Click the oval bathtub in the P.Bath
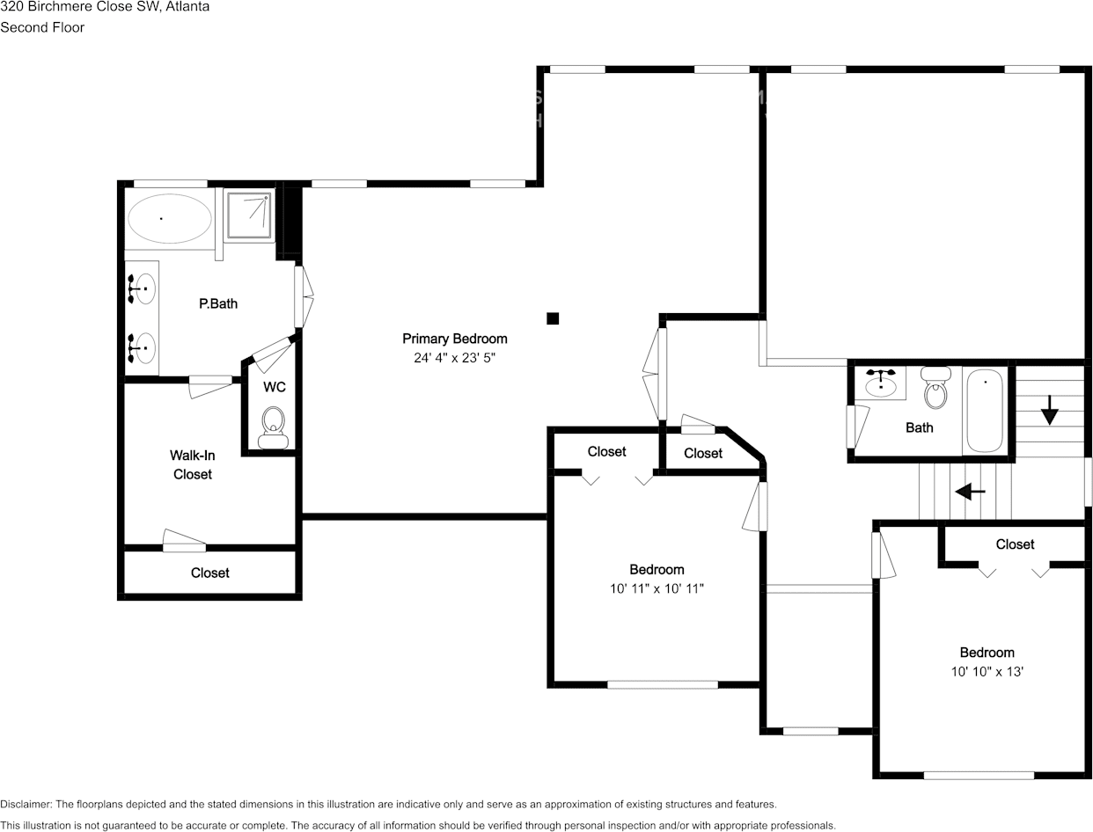170,218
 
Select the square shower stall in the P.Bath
248,214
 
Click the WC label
274,387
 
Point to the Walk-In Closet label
193,464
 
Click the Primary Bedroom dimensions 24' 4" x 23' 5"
455,358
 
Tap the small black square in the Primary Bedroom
553,318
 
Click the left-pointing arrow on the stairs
970,492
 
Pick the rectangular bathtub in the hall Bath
985,411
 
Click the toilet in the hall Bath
936,389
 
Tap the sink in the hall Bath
880,383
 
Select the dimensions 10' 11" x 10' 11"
657,588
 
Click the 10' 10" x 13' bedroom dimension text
987,672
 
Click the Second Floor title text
42,27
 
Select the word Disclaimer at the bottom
26,804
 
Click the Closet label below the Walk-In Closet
210,573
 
